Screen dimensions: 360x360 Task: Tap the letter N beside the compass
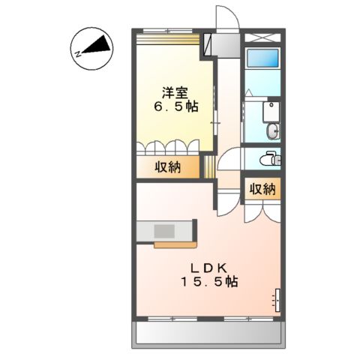77,52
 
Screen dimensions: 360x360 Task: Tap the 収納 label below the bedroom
167,166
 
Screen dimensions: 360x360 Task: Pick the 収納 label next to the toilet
262,189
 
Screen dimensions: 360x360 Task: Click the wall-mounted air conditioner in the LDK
277,299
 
